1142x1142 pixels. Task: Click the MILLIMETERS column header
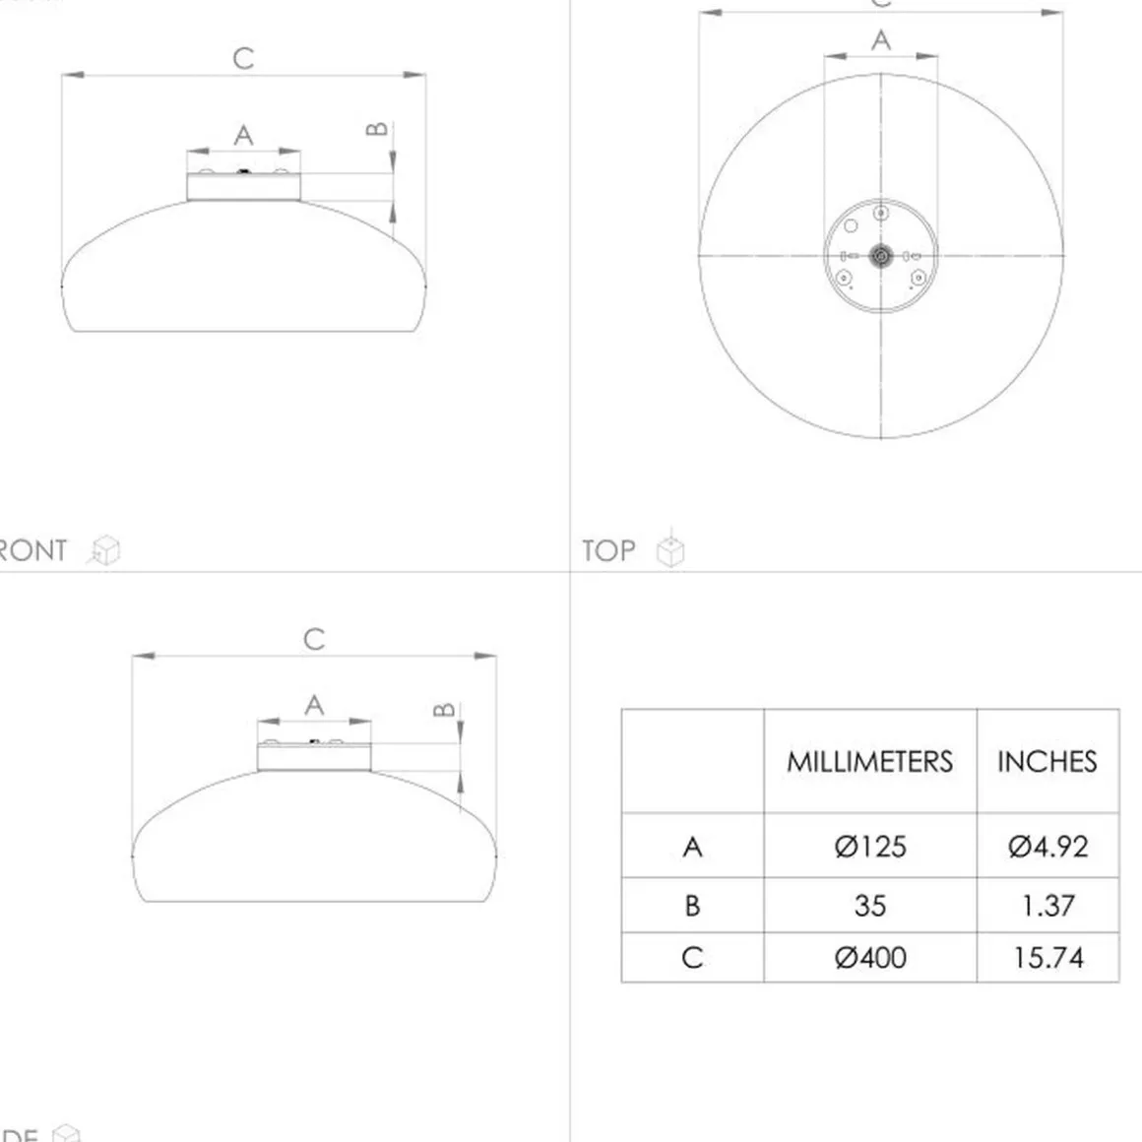click(x=869, y=761)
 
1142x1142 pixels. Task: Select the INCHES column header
click(x=1047, y=761)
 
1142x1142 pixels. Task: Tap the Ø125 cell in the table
click(x=869, y=847)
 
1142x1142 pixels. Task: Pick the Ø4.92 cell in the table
click(x=1047, y=847)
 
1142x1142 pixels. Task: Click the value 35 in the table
click(x=869, y=906)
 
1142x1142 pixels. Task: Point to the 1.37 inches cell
click(x=1047, y=906)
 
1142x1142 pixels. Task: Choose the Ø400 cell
click(x=869, y=957)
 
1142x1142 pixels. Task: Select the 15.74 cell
click(x=1047, y=957)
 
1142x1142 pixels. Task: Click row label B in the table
click(x=692, y=906)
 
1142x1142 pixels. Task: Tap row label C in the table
click(x=692, y=957)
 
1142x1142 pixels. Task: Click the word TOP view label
click(x=608, y=550)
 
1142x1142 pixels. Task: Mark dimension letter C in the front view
click(x=243, y=59)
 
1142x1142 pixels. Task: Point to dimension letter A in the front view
click(x=243, y=135)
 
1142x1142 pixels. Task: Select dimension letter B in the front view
click(x=377, y=129)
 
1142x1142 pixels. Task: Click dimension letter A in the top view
click(x=881, y=40)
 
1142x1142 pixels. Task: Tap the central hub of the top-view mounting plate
click(x=881, y=256)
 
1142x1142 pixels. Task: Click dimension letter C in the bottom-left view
click(x=314, y=639)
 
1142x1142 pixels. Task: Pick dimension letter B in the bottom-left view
click(x=445, y=709)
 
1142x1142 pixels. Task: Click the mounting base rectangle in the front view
click(x=243, y=187)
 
